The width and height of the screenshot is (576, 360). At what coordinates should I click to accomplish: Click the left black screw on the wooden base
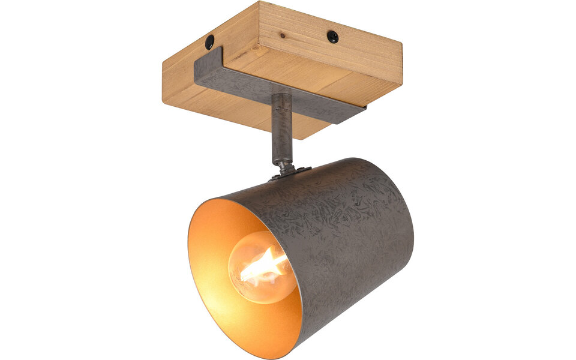coord(209,43)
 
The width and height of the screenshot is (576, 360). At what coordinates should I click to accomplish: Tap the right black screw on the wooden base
coord(332,37)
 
